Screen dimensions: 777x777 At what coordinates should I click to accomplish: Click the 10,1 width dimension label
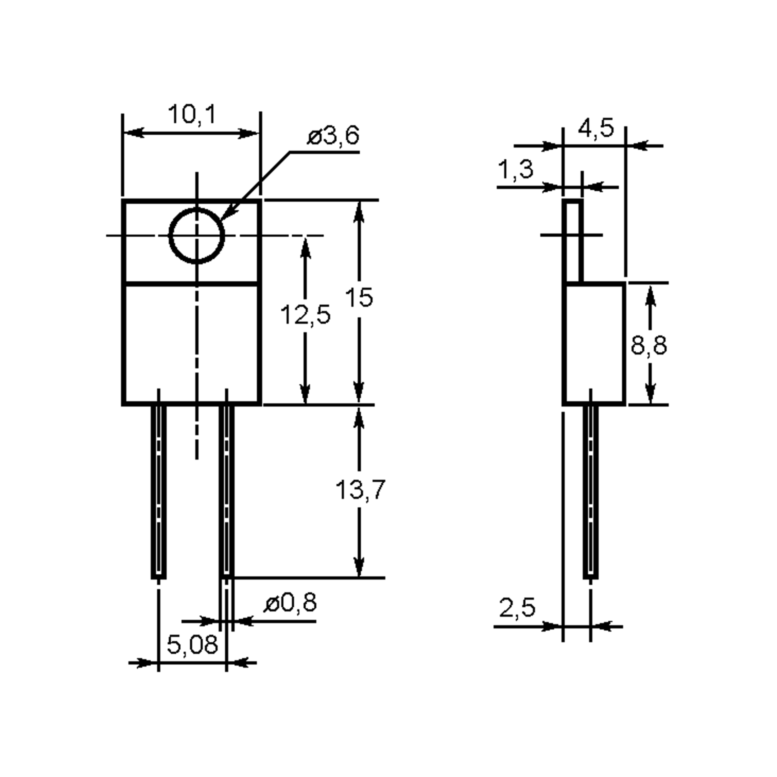point(192,114)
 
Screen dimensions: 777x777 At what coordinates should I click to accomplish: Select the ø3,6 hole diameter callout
point(333,136)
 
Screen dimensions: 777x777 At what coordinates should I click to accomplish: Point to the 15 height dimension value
point(359,298)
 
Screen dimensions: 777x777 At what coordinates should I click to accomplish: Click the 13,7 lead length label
point(360,490)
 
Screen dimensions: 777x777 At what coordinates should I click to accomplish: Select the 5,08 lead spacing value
point(192,644)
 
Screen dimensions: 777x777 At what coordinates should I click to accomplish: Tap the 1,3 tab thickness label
point(516,169)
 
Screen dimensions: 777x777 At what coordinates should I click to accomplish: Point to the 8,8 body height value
point(649,345)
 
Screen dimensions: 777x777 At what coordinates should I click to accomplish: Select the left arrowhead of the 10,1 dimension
point(134,133)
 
